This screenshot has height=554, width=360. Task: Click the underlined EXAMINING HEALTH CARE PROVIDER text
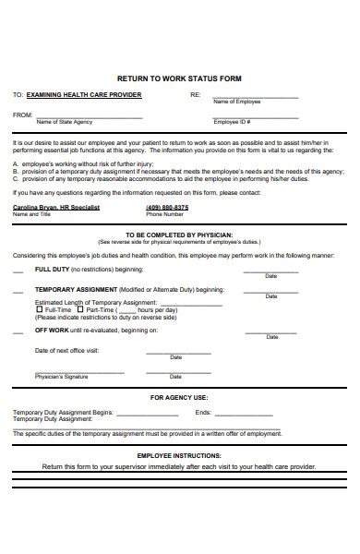tap(84, 95)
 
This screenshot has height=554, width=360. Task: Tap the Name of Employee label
tap(237, 102)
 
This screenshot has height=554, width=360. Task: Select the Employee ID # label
tap(233, 121)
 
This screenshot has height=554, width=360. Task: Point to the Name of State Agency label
tap(64, 121)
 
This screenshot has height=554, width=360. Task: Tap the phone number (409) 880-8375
tap(167, 208)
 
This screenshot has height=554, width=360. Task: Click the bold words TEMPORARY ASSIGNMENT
tap(75, 289)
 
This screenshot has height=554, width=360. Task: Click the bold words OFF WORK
tap(52, 330)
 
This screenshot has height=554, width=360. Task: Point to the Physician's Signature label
tap(62, 377)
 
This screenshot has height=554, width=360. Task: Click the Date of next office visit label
tap(66, 350)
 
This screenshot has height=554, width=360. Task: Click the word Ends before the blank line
tap(203, 412)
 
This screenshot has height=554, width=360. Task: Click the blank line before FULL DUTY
tap(18, 271)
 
